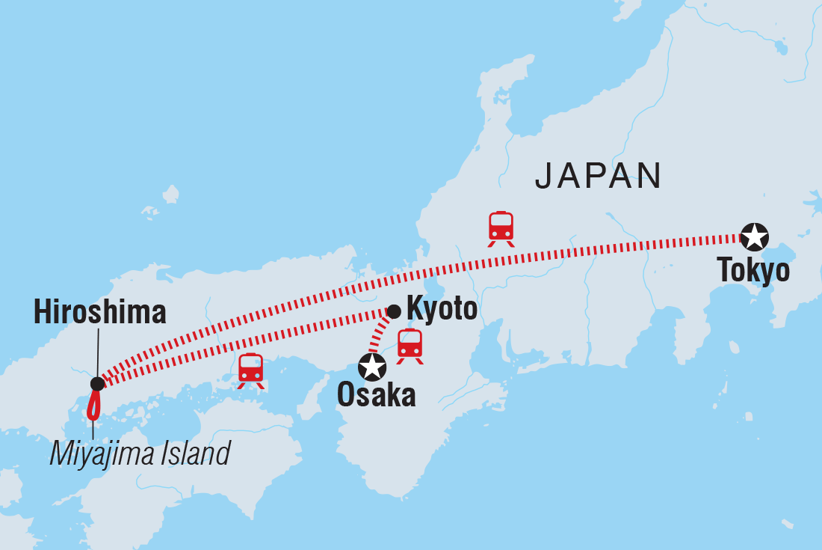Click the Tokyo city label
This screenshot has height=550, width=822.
(753, 270)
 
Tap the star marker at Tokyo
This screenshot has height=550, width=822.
(753, 237)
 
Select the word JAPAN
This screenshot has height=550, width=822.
(598, 176)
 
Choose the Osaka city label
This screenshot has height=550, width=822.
(376, 395)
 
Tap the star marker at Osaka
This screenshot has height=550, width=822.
(372, 367)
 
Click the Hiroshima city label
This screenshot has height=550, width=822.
(99, 312)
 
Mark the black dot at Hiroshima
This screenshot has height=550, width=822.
(97, 384)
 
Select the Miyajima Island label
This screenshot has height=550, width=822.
(140, 453)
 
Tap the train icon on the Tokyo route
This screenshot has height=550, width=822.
(501, 227)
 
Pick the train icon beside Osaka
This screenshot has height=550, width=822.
(410, 345)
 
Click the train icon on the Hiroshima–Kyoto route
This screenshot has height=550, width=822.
(251, 370)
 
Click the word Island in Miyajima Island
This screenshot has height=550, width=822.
(196, 453)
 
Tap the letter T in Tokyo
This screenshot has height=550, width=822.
(724, 270)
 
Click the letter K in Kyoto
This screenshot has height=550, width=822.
(413, 308)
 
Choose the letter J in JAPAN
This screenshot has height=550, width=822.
(544, 176)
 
